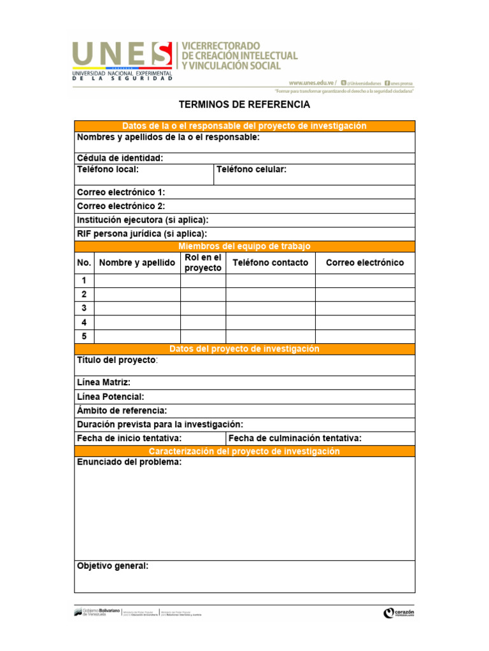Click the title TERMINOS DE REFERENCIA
244,104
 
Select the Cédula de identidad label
120,158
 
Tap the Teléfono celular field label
252,170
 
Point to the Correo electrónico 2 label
121,206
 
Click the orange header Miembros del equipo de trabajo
244,247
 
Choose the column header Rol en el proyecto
203,263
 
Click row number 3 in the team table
84,308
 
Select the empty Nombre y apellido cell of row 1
137,280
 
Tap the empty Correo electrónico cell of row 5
365,336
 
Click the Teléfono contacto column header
271,263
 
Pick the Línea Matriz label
104,383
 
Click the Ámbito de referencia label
122,411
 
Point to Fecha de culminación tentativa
295,438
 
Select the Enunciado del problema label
129,462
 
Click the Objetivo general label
113,565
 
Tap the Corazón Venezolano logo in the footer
399,613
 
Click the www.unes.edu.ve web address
311,83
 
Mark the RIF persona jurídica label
142,234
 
